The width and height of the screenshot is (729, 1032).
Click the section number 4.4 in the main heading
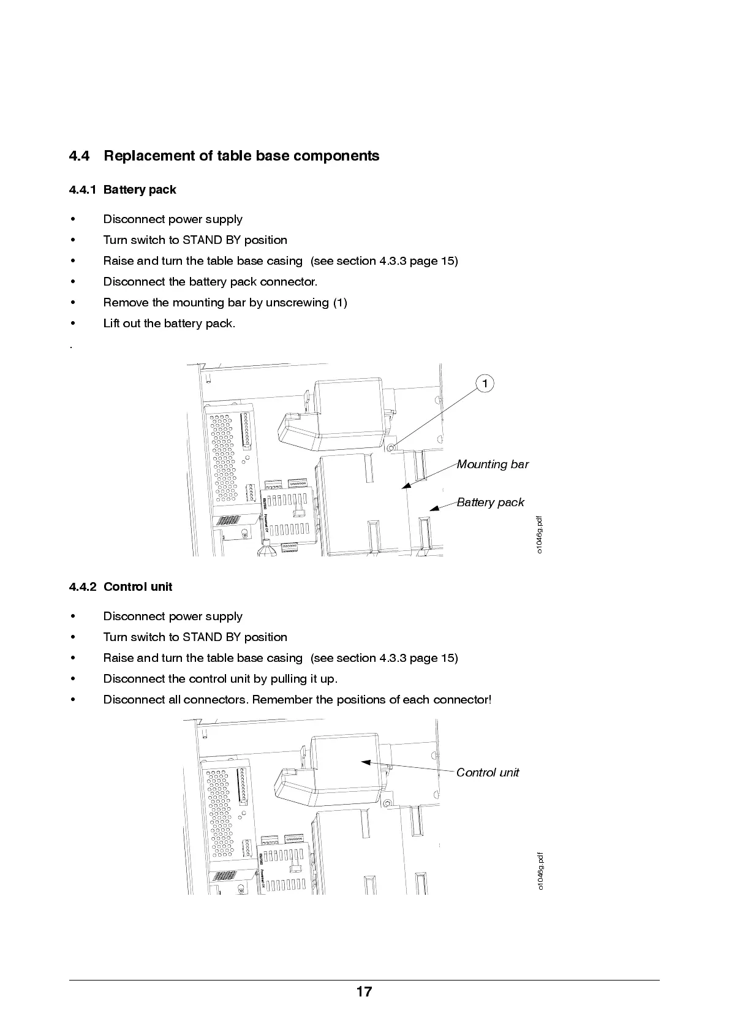tap(79, 156)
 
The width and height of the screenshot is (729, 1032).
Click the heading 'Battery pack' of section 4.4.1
tap(140, 190)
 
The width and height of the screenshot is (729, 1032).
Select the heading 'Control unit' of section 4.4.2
tap(138, 587)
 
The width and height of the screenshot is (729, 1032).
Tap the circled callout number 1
tap(485, 384)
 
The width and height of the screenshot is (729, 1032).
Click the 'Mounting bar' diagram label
tap(493, 465)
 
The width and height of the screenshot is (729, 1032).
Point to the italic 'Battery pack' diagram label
tap(490, 503)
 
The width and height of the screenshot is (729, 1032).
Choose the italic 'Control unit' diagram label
tap(488, 773)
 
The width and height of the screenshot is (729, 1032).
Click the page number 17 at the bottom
tap(364, 992)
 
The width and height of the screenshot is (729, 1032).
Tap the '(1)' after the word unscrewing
tap(340, 303)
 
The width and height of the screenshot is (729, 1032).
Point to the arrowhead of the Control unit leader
tap(366, 762)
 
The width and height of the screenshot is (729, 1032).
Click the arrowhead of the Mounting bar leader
tap(406, 487)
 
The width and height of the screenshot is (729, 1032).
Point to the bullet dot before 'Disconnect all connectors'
tap(73, 700)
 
